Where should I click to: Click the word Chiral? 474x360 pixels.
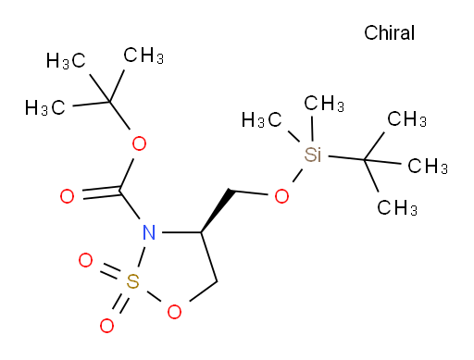coord(389,32)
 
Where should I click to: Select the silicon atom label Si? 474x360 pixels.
coord(313,155)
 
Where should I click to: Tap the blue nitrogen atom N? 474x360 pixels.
coord(149,232)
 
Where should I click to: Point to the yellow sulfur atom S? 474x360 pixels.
coord(132,281)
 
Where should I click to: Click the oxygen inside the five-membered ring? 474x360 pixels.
coord(174,312)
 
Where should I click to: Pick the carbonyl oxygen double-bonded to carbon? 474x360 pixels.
coord(67,196)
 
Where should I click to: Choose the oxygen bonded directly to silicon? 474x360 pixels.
coord(281,196)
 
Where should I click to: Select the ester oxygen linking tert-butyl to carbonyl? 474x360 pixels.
coord(139,143)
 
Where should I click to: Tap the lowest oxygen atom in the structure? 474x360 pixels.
coord(106,326)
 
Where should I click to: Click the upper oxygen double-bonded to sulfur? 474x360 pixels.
coord(85,260)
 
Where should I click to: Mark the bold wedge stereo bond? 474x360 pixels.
coord(217,211)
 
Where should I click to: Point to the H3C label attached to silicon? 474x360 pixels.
coord(261,119)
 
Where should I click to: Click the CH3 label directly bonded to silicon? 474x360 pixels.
coord(324,103)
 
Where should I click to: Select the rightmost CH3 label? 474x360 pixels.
coord(428,166)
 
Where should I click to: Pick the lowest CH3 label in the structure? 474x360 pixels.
coord(397,207)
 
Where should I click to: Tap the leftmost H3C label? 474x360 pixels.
coord(45,107)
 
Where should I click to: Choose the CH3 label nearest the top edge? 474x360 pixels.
coord(143,56)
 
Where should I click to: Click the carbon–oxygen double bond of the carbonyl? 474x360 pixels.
coord(101,192)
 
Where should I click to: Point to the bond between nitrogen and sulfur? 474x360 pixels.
coord(142,256)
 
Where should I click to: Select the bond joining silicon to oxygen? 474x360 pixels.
coord(297,175)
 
